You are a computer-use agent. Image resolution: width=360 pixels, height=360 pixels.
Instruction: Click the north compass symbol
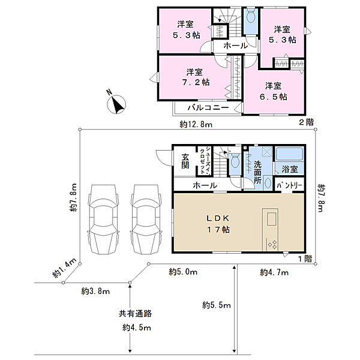tap(116, 104)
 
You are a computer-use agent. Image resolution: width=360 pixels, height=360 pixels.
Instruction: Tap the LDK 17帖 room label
tap(218, 224)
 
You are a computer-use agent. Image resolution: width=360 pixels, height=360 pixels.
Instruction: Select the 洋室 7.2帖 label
tap(196, 77)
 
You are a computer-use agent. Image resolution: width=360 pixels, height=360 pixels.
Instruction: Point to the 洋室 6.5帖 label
tap(274, 91)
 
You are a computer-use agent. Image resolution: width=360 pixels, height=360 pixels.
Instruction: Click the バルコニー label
tap(208, 107)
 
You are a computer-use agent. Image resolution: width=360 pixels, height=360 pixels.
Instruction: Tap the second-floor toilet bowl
tap(250, 16)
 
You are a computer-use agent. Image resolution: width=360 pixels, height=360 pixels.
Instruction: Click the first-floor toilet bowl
tap(235, 161)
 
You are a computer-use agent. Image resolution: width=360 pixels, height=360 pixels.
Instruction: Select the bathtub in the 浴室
tap(289, 154)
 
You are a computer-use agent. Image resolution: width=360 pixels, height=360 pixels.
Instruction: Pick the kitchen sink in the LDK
tap(272, 218)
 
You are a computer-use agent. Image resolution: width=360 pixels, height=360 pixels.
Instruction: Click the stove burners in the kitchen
tap(272, 245)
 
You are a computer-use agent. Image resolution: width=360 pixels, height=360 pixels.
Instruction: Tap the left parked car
tap(103, 219)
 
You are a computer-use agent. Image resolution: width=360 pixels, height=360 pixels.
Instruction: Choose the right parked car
tap(146, 219)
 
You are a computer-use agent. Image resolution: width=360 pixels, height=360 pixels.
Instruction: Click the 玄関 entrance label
tap(185, 161)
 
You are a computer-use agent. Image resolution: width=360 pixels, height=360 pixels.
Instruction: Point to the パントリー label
tap(289, 185)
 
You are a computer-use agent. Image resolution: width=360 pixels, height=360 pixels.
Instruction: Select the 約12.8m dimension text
tap(196, 124)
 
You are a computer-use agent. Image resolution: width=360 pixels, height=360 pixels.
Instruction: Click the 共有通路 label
tap(135, 313)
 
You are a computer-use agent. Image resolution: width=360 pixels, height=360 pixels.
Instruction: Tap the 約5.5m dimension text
tap(216, 305)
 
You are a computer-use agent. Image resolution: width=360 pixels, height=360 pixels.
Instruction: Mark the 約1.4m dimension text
tap(64, 268)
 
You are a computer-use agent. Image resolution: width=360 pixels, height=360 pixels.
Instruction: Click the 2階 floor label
tap(306, 122)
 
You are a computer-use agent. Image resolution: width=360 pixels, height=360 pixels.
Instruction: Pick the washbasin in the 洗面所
tap(267, 183)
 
